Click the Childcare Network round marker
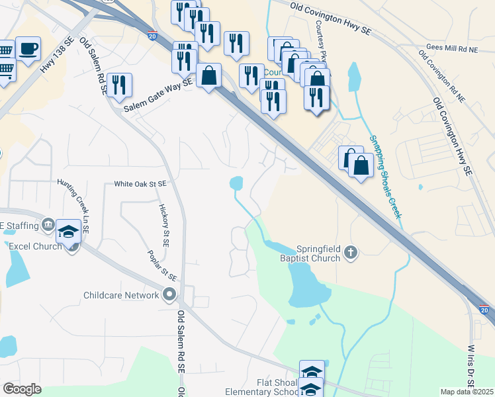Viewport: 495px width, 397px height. pyautogui.click(x=170, y=294)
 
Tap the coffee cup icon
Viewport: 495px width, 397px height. pyautogui.click(x=28, y=50)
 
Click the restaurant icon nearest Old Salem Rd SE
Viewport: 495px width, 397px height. pyautogui.click(x=119, y=85)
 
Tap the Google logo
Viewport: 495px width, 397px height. pyautogui.click(x=22, y=389)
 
